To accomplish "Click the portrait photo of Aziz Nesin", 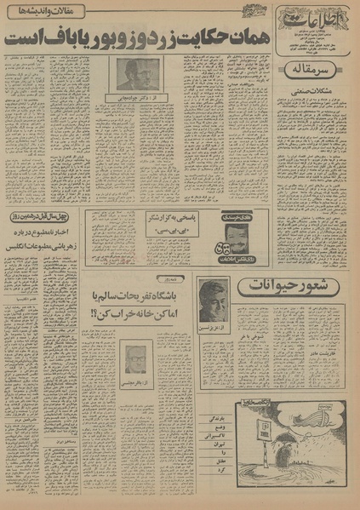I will [213, 300].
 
